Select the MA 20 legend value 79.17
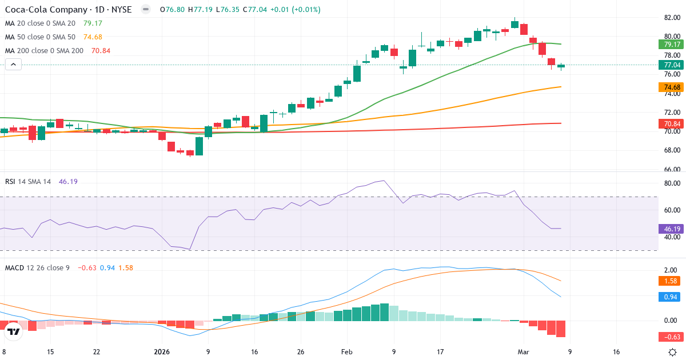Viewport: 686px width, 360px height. click(x=93, y=23)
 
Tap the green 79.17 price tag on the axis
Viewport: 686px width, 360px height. click(x=672, y=44)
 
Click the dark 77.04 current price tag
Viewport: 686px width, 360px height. click(x=672, y=65)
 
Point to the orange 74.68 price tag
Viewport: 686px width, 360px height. click(x=672, y=87)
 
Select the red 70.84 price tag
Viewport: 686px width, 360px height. click(x=672, y=123)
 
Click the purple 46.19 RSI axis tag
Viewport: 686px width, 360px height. click(x=672, y=229)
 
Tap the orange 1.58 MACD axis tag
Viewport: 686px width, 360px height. click(x=672, y=281)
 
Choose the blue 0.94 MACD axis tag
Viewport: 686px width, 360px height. click(x=672, y=297)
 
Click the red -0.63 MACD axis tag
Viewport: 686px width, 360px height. click(x=672, y=337)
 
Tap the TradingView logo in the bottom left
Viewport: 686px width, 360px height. click(x=14, y=331)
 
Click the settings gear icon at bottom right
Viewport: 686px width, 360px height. click(x=673, y=352)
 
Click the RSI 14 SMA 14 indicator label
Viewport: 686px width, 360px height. click(x=28, y=181)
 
